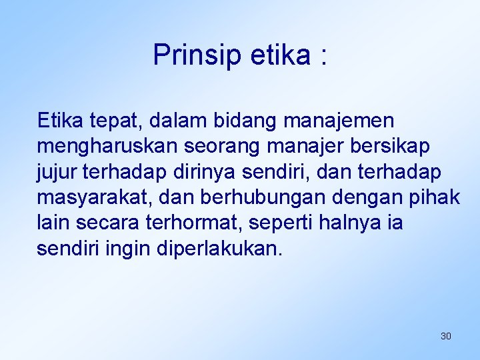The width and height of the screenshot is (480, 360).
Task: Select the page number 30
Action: click(446, 336)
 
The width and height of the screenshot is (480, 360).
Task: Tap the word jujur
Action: click(55, 171)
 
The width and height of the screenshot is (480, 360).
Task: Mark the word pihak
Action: click(437, 197)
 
